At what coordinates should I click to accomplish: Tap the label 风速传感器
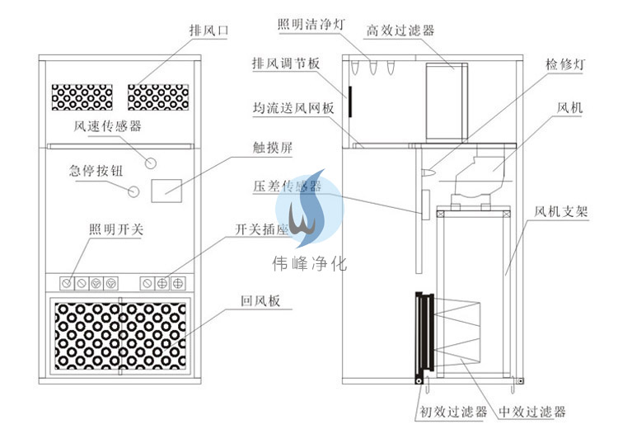click(108, 126)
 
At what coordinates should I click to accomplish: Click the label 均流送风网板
click(293, 108)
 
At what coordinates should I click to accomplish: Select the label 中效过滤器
click(532, 411)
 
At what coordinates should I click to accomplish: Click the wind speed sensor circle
click(151, 157)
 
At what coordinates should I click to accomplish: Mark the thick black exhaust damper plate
click(350, 101)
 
